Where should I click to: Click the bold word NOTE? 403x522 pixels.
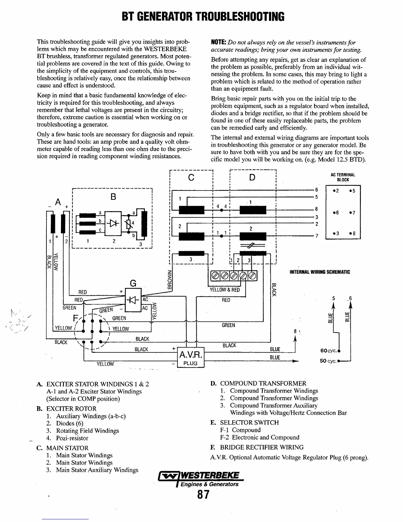(x=218, y=43)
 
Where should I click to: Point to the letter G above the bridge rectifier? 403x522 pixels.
(x=133, y=283)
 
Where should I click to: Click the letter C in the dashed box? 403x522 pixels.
(x=191, y=178)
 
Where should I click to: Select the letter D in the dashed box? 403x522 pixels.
(x=252, y=178)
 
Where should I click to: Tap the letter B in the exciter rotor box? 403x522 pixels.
(x=113, y=197)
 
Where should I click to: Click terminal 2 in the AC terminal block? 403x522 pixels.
(x=336, y=191)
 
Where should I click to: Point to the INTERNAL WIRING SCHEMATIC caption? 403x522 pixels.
(x=319, y=272)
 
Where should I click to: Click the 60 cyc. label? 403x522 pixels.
(x=328, y=350)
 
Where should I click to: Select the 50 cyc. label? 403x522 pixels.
(x=328, y=361)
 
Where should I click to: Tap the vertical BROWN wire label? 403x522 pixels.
(x=170, y=280)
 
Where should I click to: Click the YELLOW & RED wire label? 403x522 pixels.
(x=225, y=290)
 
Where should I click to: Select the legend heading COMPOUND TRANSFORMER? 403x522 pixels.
(x=263, y=383)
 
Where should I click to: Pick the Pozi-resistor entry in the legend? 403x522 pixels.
(x=72, y=438)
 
